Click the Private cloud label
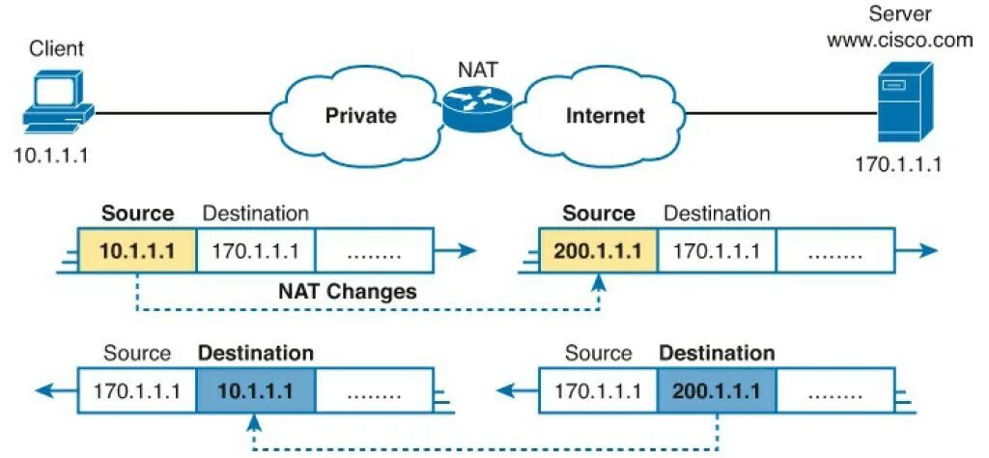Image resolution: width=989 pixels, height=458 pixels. [x=360, y=116]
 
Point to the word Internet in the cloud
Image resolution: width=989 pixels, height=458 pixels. [x=605, y=116]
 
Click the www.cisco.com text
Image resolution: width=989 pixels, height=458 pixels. [x=898, y=41]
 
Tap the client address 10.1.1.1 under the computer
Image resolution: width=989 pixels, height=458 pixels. [x=50, y=155]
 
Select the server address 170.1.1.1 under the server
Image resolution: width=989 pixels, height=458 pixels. [x=898, y=164]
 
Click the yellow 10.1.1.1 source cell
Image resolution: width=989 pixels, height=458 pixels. [x=137, y=252]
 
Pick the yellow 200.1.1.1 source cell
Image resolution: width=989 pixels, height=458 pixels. [x=598, y=252]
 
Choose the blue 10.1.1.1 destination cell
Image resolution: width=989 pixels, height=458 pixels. [x=255, y=391]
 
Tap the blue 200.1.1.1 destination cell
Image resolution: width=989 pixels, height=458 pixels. [x=716, y=391]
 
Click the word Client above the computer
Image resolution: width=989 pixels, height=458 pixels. [x=57, y=48]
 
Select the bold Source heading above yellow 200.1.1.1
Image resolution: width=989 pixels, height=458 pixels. [x=599, y=214]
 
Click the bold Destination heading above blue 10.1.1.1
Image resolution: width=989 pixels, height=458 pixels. [x=255, y=354]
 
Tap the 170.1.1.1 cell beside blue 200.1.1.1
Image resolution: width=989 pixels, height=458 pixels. [x=598, y=391]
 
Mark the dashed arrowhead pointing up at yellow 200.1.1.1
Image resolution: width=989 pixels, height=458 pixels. [x=599, y=281]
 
